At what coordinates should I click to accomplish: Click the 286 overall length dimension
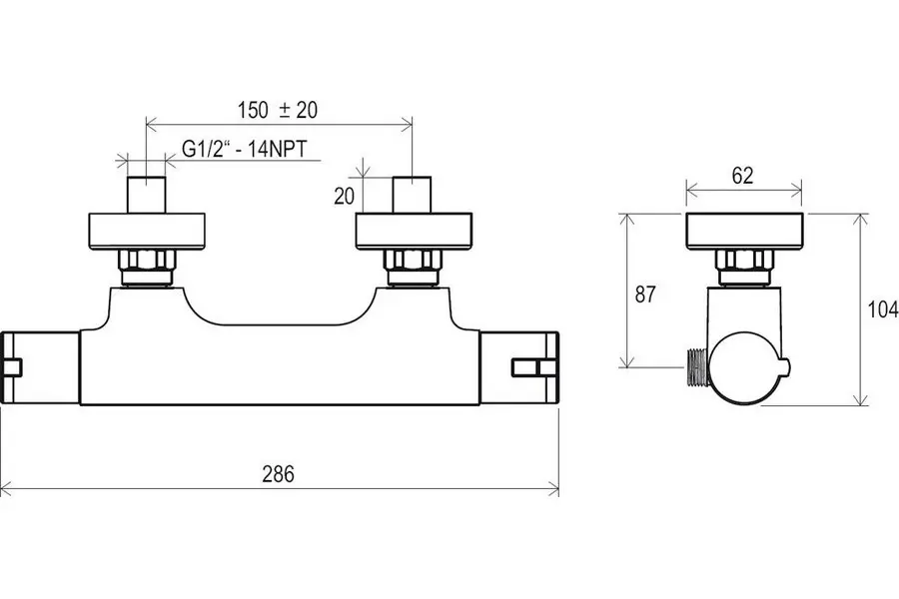click(x=278, y=474)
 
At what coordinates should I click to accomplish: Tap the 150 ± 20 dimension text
click(x=278, y=110)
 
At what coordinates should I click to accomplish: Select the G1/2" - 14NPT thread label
click(x=245, y=149)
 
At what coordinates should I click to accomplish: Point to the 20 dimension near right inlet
click(x=344, y=197)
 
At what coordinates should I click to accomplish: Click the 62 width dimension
click(x=742, y=176)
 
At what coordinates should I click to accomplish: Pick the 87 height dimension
click(x=645, y=295)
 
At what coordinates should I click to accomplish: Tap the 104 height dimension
click(x=883, y=309)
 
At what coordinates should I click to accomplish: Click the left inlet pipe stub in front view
click(x=146, y=195)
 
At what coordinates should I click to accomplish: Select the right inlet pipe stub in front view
click(x=412, y=195)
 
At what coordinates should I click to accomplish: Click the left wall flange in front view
click(x=146, y=232)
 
